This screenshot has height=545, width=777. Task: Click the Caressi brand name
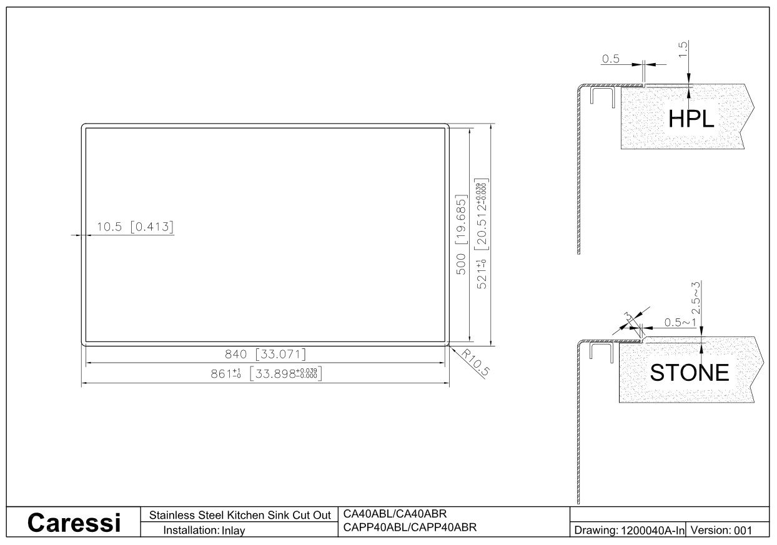(74, 523)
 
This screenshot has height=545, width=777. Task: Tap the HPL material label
(691, 119)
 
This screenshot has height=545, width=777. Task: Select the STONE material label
(690, 373)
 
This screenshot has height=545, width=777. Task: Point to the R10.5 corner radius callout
(475, 363)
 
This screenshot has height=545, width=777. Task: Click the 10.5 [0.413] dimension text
(135, 227)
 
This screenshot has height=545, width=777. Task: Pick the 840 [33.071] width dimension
(265, 354)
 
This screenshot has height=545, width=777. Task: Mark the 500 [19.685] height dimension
(461, 235)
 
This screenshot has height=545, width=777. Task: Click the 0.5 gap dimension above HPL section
(610, 59)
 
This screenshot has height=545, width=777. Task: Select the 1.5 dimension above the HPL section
(683, 49)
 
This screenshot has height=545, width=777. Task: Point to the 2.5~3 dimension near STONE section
(695, 297)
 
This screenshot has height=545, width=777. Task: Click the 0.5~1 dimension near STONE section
(680, 322)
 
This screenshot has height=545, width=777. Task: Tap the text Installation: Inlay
(204, 530)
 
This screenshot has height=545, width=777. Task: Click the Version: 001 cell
(721, 530)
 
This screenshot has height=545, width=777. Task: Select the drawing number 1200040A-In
(653, 530)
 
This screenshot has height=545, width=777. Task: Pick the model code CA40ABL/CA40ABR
(395, 513)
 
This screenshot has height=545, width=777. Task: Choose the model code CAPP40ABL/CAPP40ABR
(410, 528)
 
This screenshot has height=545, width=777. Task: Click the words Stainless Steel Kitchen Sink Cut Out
(240, 515)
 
